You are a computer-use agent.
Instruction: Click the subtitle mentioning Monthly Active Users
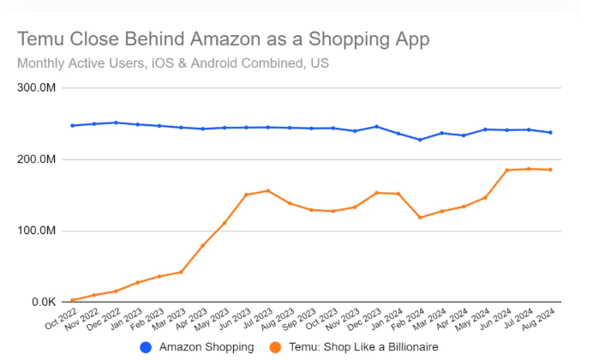click(x=172, y=63)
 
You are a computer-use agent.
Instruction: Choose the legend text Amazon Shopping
click(x=207, y=347)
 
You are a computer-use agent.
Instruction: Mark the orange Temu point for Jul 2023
click(x=268, y=190)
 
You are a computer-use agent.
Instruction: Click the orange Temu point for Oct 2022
click(x=73, y=300)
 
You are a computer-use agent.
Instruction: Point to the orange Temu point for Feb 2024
click(x=420, y=218)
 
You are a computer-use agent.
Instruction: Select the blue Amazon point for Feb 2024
click(x=420, y=140)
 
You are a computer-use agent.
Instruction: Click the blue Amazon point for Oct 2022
click(x=73, y=125)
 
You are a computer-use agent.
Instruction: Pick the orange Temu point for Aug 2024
click(x=550, y=170)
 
